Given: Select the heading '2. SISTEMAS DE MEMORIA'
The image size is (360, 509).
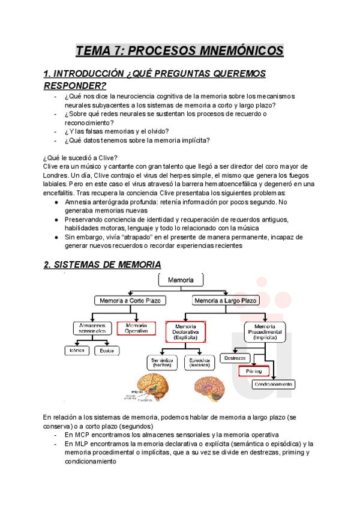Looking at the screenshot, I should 103,264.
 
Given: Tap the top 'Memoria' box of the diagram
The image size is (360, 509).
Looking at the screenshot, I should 181,280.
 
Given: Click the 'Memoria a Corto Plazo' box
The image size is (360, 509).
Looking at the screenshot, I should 130,300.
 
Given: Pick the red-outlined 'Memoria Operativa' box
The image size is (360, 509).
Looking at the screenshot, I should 136,328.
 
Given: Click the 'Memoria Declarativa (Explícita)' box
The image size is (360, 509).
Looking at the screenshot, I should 185,331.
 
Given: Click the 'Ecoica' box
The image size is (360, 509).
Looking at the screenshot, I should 108,349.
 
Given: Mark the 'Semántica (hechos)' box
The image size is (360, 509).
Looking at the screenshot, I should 162,362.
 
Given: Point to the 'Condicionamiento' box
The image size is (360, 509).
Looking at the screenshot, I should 273,384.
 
